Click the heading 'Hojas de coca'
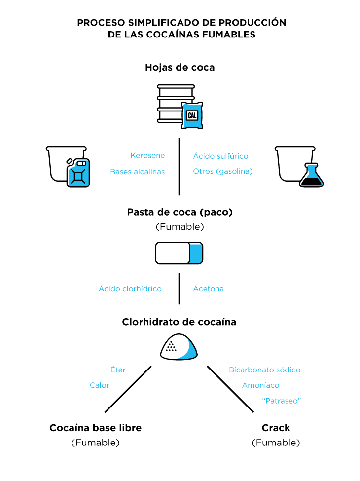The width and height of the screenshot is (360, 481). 180,67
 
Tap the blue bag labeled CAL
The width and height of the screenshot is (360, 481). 192,115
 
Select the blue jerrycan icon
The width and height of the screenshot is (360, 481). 78,173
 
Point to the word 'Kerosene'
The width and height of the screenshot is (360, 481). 147,156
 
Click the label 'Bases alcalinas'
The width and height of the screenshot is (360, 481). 137,172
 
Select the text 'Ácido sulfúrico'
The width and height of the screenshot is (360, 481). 220,156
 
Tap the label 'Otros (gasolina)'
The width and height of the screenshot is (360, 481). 222,172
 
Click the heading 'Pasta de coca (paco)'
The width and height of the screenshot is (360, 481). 180,212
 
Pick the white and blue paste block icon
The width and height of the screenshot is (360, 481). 179,253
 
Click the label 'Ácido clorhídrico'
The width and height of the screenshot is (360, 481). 130,289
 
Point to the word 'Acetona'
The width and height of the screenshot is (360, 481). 208,289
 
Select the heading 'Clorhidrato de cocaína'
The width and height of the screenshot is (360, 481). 179,322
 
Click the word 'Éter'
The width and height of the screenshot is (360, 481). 118,370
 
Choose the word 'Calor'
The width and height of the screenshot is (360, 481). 100,385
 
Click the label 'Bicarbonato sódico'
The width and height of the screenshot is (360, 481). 264,370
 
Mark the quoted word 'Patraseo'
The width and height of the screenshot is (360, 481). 281,401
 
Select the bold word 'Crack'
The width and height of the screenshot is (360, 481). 276,428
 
